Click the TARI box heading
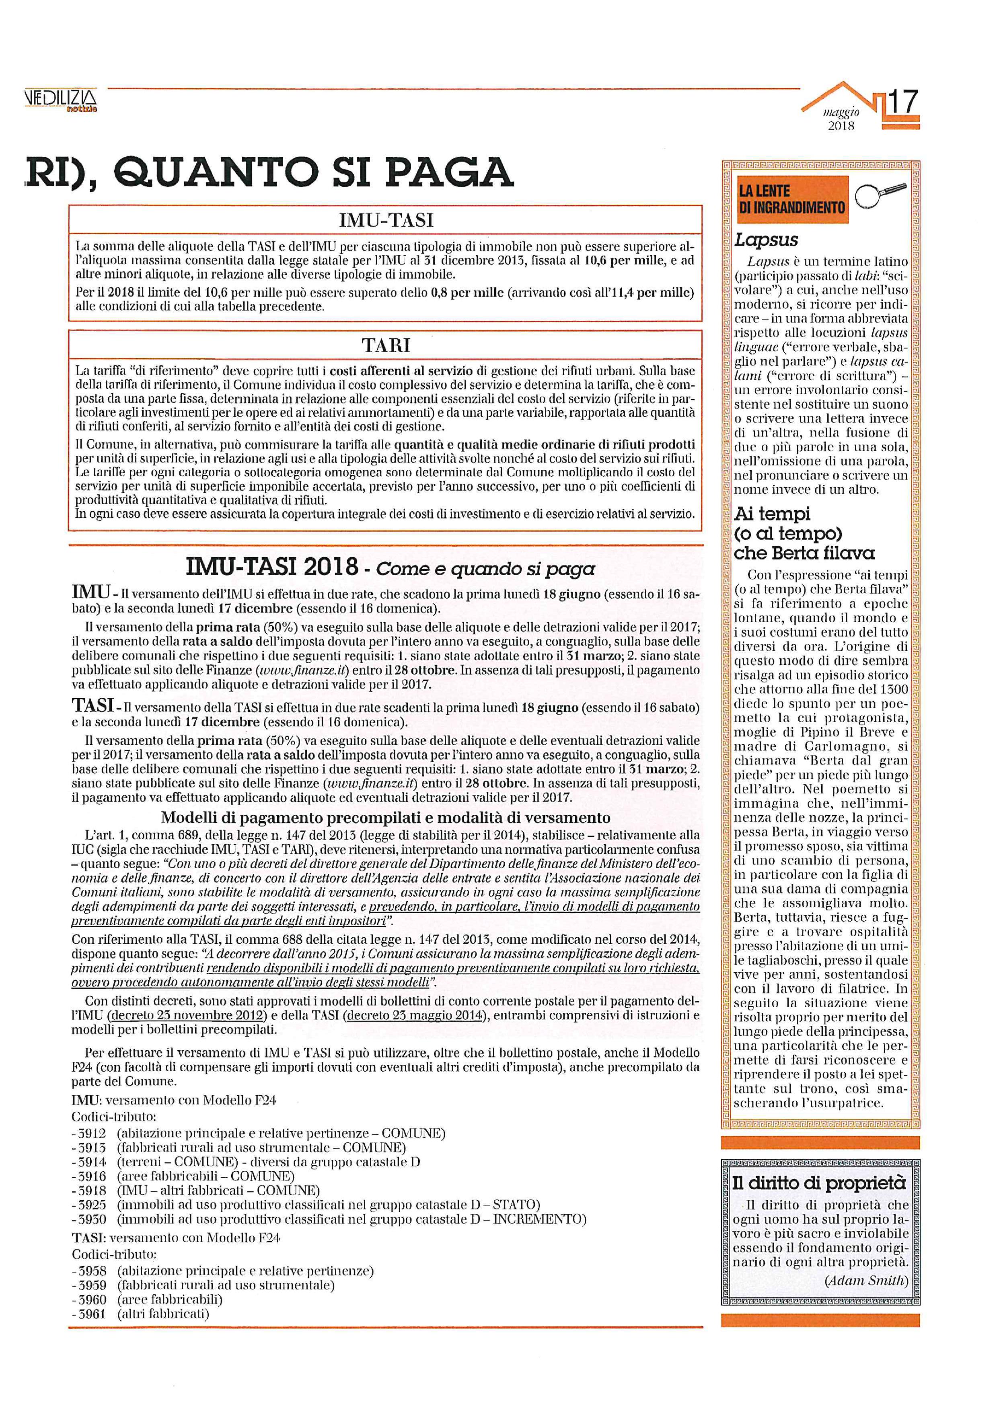click(x=386, y=346)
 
